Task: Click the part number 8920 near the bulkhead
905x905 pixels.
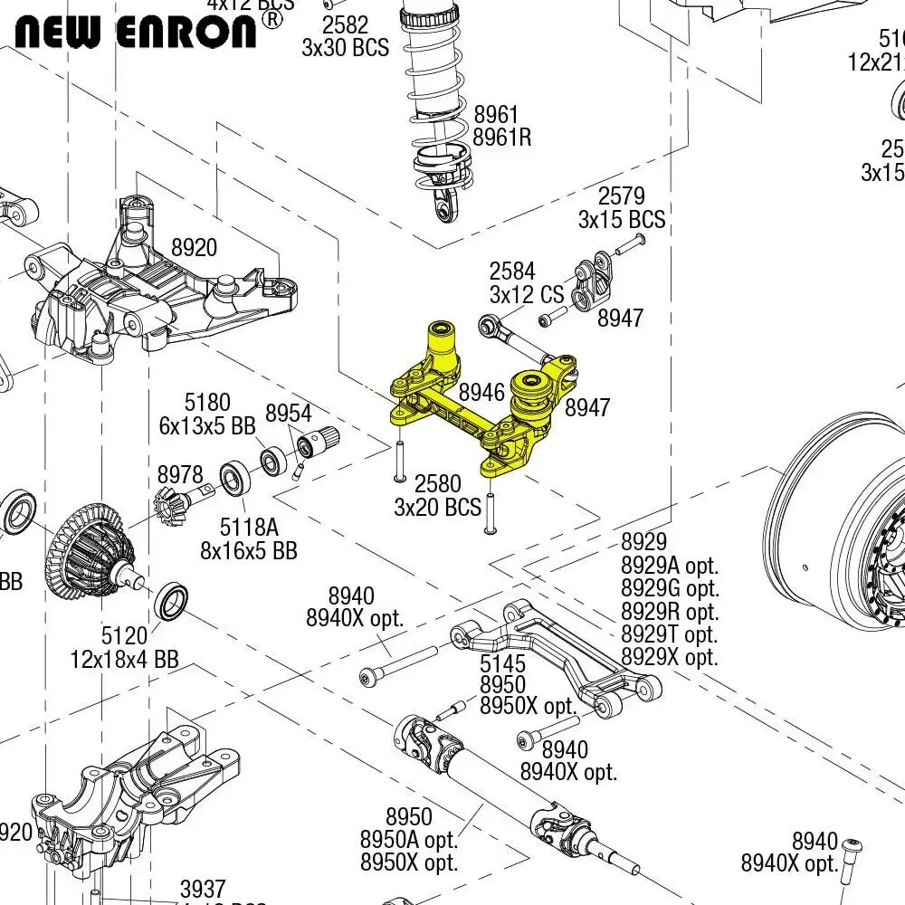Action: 194,247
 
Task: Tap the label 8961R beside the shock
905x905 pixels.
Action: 501,138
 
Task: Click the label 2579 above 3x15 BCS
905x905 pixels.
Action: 621,196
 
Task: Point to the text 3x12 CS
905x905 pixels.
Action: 527,294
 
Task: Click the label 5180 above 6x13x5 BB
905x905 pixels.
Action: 207,402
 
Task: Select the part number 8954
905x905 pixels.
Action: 288,414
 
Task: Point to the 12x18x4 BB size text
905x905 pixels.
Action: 125,659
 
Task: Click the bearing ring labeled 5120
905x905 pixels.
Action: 172,602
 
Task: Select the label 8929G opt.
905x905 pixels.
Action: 669,588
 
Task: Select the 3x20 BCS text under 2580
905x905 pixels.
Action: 437,507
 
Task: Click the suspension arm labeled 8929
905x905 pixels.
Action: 561,652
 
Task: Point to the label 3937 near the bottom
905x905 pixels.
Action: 202,889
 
